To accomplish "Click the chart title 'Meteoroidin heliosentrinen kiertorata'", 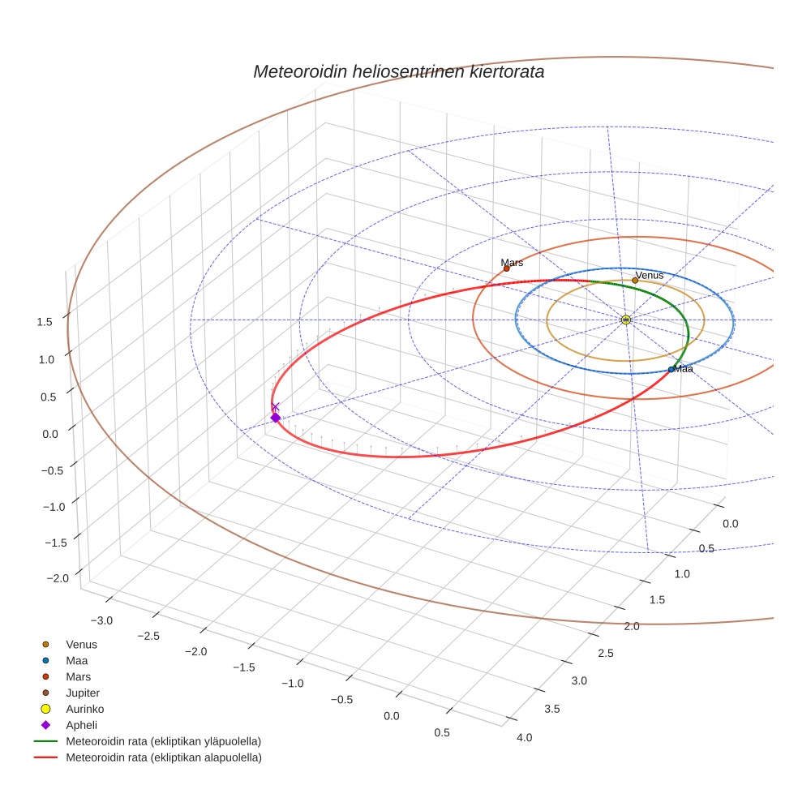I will (x=398, y=71).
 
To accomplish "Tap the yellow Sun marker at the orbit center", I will (x=625, y=320).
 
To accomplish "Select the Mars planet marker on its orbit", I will (x=507, y=268).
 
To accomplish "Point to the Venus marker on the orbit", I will (x=635, y=280).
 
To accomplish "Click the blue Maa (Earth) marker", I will (x=671, y=370).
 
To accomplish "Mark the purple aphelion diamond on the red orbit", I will (x=275, y=418).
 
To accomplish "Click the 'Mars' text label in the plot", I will (x=512, y=263).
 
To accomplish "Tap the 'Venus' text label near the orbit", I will (x=650, y=275).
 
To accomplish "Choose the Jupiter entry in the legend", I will (x=83, y=693).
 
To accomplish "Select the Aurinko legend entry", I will (x=84, y=709).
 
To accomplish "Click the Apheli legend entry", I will (x=81, y=725).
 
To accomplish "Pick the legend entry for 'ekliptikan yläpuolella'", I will (x=163, y=741).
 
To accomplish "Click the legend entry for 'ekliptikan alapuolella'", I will (x=163, y=757).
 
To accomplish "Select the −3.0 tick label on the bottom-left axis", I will (x=101, y=620).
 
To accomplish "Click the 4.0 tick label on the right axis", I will (x=524, y=737).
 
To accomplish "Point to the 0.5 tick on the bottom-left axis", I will (x=442, y=732).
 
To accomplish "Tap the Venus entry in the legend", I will (x=81, y=644).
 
